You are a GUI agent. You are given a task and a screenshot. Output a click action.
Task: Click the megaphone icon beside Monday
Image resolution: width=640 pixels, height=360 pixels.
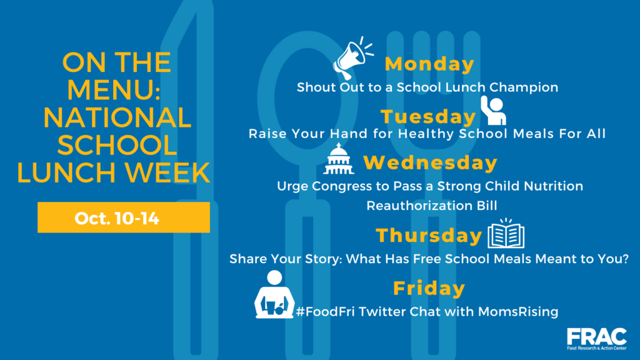pyautogui.click(x=353, y=58)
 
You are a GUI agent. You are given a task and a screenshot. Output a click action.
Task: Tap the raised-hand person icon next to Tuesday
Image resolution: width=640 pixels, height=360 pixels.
pyautogui.click(x=494, y=110)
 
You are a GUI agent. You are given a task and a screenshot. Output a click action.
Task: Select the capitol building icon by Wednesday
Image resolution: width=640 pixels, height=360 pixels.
pyautogui.click(x=338, y=159)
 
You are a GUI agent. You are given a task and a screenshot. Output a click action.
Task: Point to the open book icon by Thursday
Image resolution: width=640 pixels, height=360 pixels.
pyautogui.click(x=506, y=234)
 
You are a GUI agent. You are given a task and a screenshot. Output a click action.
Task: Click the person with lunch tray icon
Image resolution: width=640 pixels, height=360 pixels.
pyautogui.click(x=274, y=294)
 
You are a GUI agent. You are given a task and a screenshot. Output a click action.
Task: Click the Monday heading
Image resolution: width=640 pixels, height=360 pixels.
pyautogui.click(x=429, y=64)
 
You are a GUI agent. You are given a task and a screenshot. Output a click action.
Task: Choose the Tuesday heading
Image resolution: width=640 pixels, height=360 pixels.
pyautogui.click(x=428, y=117)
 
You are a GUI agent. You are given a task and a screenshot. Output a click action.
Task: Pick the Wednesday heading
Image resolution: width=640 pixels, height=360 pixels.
pyautogui.click(x=430, y=162)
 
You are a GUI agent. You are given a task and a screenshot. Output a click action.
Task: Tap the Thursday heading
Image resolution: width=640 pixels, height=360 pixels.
pyautogui.click(x=429, y=236)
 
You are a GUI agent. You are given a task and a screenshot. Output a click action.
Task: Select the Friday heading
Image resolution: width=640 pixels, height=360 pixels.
pyautogui.click(x=429, y=288)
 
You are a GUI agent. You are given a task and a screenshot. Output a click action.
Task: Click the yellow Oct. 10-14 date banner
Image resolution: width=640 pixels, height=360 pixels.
pyautogui.click(x=124, y=217)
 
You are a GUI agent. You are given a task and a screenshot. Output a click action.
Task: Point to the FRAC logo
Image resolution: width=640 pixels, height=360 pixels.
pyautogui.click(x=597, y=339)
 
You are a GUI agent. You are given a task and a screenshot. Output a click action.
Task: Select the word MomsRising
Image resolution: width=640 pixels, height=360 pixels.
pyautogui.click(x=518, y=312)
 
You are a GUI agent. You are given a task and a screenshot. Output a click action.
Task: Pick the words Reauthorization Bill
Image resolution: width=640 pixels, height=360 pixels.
pyautogui.click(x=432, y=206)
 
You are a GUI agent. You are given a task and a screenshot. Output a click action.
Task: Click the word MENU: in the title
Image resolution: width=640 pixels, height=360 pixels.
pyautogui.click(x=114, y=90)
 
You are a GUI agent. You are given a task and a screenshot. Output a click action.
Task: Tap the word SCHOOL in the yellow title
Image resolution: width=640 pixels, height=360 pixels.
pyautogui.click(x=117, y=145)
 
